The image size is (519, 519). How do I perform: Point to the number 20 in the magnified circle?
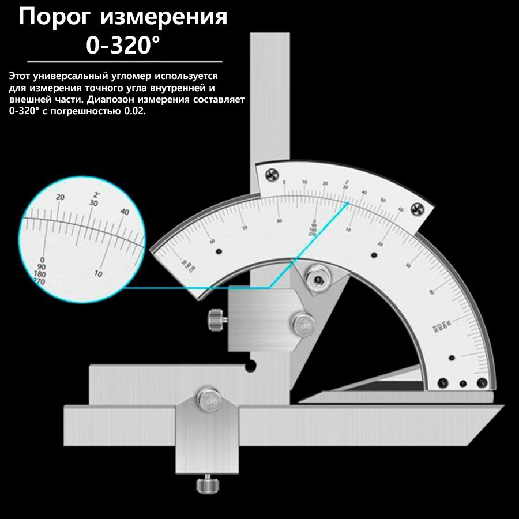coord(60,197)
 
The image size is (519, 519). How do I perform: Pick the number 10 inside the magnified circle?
coord(99,273)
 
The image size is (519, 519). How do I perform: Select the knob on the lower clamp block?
coord(208,396)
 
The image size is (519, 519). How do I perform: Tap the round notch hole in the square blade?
coord(251,365)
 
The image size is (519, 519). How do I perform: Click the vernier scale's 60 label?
coord(400,209)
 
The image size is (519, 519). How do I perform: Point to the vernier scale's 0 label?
coord(284,183)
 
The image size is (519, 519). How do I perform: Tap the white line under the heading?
coord(125,61)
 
